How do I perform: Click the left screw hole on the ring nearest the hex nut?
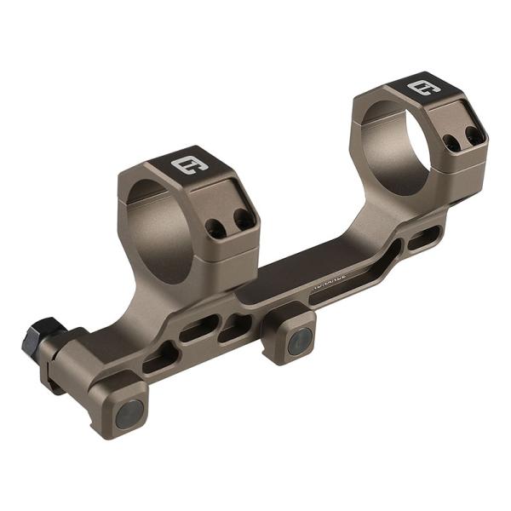[x=217, y=227]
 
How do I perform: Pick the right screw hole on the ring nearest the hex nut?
[x=244, y=219]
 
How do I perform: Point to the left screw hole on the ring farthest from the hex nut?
[x=452, y=142]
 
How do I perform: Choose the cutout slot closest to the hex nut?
[x=159, y=359]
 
